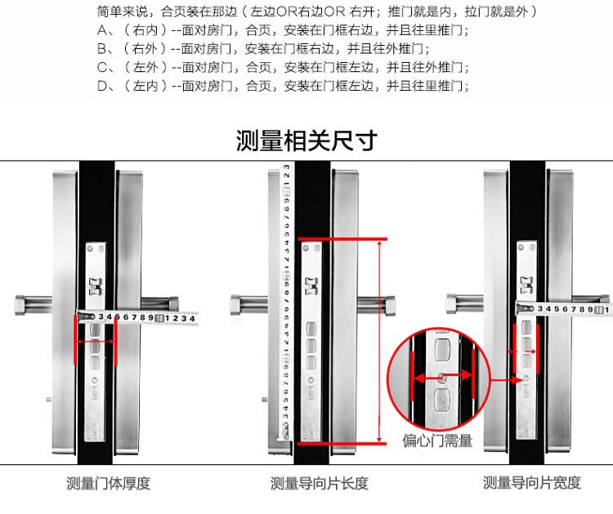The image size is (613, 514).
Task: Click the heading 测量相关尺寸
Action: (x=306, y=141)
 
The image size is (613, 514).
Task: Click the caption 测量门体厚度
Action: (x=108, y=483)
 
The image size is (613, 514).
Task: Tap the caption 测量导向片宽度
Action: (x=532, y=483)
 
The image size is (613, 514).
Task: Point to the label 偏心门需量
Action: (x=437, y=441)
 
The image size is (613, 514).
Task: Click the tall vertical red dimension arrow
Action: (x=381, y=340)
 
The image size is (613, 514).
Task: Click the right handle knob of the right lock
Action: (x=605, y=304)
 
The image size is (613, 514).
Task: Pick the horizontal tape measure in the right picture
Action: (x=564, y=309)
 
